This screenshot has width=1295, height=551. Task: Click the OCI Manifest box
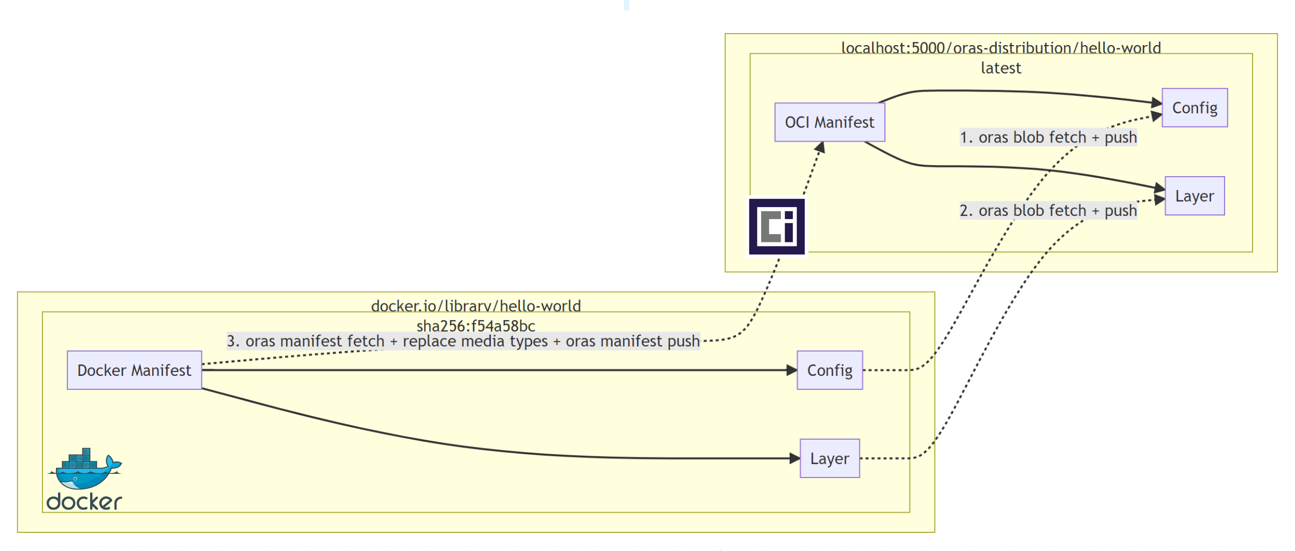click(829, 122)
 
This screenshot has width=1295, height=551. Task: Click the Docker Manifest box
click(134, 370)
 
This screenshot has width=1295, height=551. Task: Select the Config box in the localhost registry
click(1194, 108)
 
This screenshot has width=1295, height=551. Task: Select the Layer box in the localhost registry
click(1194, 196)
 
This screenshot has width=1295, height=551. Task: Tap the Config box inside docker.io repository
click(829, 370)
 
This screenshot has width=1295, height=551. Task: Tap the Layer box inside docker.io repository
click(829, 458)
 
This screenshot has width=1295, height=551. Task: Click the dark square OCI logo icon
click(776, 226)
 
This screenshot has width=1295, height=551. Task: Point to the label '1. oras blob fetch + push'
click(1047, 137)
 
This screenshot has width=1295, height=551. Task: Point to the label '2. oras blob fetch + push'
click(1047, 210)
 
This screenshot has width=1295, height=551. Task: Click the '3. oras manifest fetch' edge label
click(463, 341)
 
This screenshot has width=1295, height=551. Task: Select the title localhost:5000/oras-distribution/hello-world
click(1000, 48)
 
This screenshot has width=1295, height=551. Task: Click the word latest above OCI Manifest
click(1000, 68)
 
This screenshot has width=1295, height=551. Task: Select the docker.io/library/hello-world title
click(475, 306)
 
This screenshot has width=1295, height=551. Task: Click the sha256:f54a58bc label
click(475, 326)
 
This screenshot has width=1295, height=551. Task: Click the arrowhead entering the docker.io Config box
click(792, 370)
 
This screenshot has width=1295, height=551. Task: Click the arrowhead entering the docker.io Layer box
click(795, 458)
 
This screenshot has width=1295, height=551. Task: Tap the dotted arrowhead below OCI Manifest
click(820, 148)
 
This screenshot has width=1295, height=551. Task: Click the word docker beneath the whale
click(84, 502)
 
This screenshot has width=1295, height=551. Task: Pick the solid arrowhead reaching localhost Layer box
click(1159, 189)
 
